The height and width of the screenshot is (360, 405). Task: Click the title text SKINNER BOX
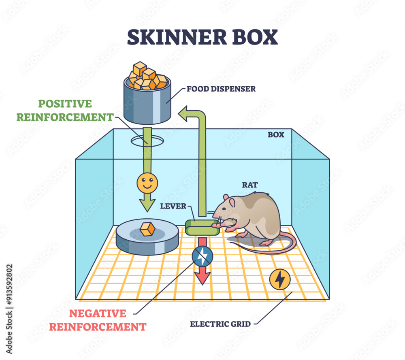pos(202,37)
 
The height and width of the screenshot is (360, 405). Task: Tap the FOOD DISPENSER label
pos(221,89)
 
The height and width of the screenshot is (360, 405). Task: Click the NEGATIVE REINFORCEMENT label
pos(97,320)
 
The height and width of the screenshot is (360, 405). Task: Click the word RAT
pos(250,185)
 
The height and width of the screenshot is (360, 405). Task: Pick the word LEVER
pos(173,206)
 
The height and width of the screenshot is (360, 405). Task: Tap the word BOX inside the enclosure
pos(276,135)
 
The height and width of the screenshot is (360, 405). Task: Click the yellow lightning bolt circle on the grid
pos(280,279)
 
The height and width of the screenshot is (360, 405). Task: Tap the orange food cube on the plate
pos(147,229)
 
